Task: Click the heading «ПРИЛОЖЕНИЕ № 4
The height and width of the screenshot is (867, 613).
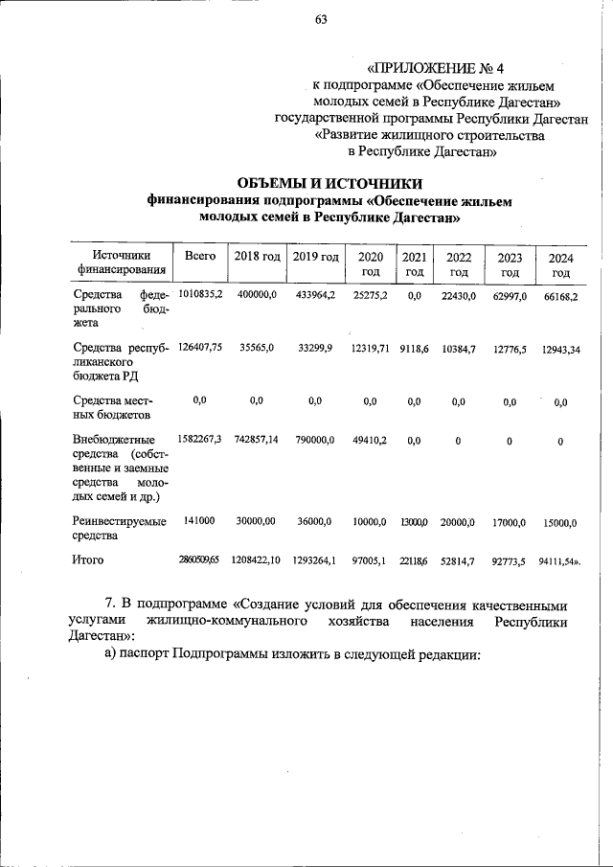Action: coord(436,68)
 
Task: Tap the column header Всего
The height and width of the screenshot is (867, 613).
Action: coord(199,256)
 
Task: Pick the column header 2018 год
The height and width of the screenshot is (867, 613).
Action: coord(257,256)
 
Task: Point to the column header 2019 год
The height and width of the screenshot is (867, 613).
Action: coord(316,256)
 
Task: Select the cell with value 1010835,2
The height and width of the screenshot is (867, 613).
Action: coord(200,295)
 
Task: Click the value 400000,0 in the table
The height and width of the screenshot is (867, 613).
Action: coord(257,295)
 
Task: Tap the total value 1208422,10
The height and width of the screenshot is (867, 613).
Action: coord(256,558)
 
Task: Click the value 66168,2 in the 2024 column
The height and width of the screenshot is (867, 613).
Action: coord(560,298)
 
